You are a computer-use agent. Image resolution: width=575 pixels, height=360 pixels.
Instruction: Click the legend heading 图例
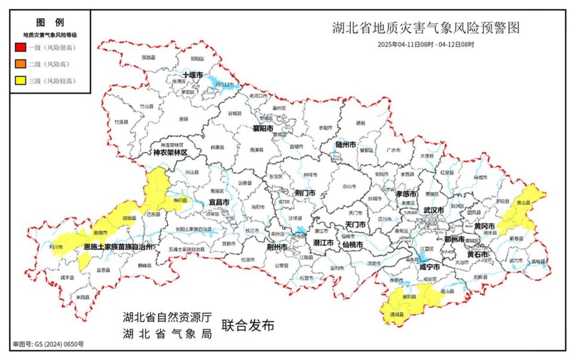tap(50, 22)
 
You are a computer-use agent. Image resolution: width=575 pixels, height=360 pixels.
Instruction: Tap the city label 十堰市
tap(192, 76)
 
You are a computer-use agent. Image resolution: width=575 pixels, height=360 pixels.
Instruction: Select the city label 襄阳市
tap(263, 129)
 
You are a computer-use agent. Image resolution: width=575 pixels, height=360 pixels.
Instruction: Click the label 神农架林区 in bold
tap(171, 153)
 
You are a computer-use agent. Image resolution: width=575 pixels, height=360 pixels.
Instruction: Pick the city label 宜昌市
tap(219, 202)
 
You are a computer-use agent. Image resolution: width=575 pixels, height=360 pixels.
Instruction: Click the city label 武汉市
tap(433, 210)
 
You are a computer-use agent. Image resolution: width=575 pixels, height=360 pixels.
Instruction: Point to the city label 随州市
tap(347, 144)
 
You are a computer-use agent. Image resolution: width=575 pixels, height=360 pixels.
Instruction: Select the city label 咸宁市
tap(429, 266)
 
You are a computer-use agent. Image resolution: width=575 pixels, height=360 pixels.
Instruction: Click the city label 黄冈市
tap(484, 226)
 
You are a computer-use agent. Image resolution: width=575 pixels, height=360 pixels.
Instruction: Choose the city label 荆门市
tap(305, 193)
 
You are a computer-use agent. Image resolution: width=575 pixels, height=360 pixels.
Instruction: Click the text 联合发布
tap(248, 326)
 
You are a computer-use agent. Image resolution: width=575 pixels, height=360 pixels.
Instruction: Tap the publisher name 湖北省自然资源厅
tap(168, 318)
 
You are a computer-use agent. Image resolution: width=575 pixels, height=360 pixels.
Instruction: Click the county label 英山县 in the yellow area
tap(524, 203)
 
